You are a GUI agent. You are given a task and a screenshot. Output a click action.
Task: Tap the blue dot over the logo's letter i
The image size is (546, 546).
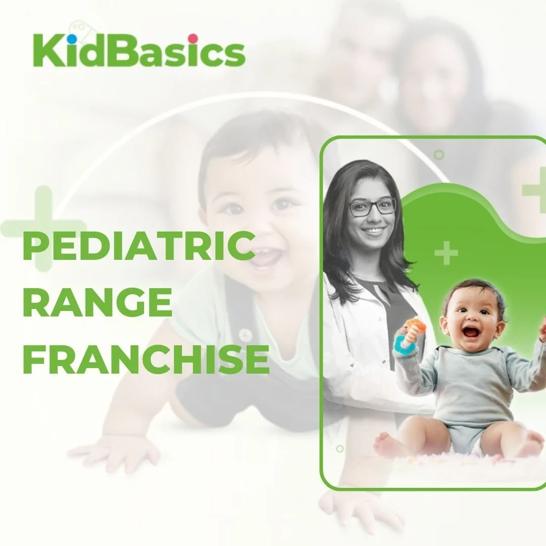coord(72,37)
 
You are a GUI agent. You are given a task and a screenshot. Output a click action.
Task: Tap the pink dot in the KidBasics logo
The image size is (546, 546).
coord(193,38)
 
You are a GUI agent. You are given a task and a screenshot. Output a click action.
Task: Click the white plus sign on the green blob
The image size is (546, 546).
coord(446,253)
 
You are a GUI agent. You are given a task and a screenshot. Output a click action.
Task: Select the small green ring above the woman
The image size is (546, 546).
coord(439,155)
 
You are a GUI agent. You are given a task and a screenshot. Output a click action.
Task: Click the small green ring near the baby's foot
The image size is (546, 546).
coord(340,448)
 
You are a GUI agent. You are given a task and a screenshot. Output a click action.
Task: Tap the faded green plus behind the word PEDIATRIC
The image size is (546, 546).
coord(43,228)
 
